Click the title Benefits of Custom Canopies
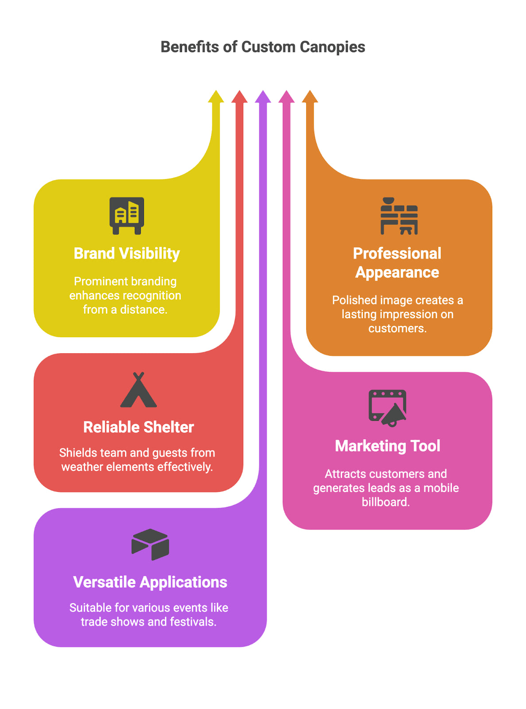(x=263, y=47)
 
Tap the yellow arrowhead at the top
(x=216, y=97)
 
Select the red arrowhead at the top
(x=239, y=97)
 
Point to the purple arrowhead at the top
(x=263, y=97)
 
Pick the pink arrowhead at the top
(x=286, y=97)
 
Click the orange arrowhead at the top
(x=310, y=97)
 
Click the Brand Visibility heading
(x=127, y=253)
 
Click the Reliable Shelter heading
(x=138, y=427)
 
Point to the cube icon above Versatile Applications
(x=150, y=544)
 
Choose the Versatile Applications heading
(x=150, y=582)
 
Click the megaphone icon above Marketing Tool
(x=387, y=408)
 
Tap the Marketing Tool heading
(x=387, y=446)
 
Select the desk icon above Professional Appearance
(x=399, y=216)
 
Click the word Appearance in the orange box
(x=397, y=273)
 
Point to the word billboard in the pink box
(x=385, y=502)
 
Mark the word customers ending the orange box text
(x=397, y=328)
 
